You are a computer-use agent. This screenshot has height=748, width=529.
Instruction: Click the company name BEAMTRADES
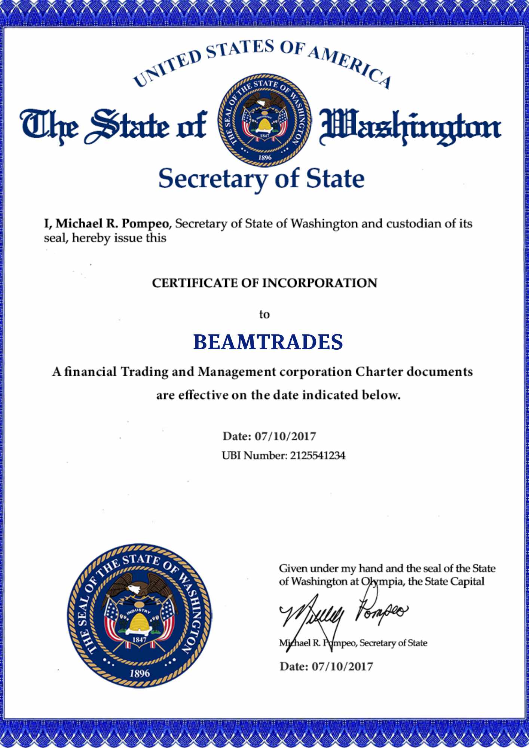[x=268, y=342]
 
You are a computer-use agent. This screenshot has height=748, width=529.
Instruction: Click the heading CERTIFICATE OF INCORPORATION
[x=264, y=283]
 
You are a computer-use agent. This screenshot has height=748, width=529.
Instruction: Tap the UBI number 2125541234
[x=318, y=456]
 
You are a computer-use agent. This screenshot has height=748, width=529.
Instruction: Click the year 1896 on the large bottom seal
[x=140, y=674]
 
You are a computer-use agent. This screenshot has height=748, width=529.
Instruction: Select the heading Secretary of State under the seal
[x=261, y=179]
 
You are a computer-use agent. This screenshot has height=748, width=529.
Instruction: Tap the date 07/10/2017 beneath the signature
[x=342, y=666]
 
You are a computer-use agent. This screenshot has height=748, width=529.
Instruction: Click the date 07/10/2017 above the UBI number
[x=285, y=436]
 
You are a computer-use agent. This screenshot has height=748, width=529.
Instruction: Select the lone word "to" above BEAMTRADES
[x=264, y=315]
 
